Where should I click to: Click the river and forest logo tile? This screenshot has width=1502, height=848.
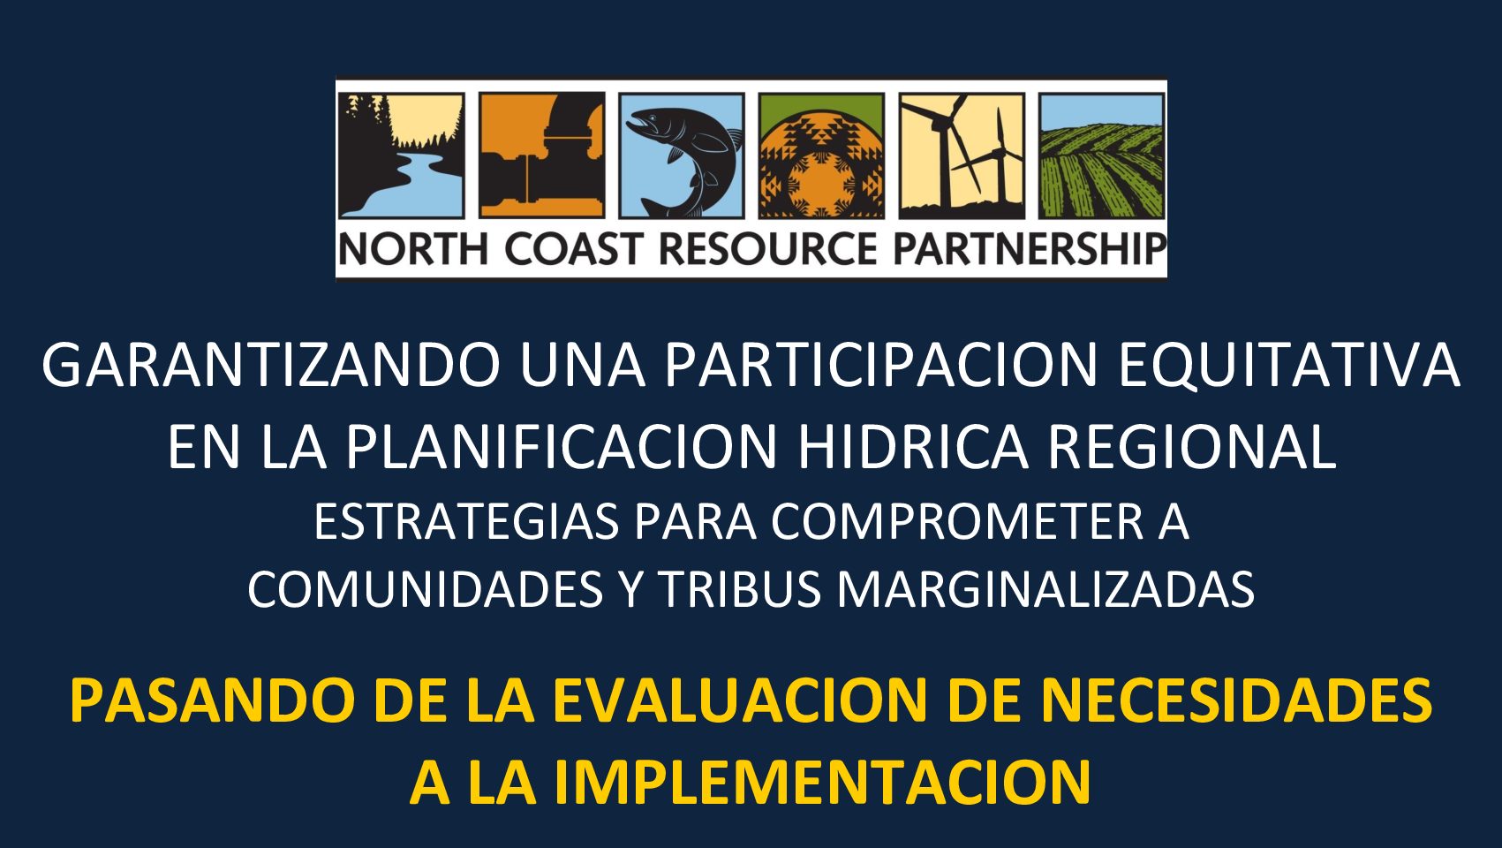coord(402,155)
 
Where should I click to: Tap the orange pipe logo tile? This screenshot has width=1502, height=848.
coord(542,155)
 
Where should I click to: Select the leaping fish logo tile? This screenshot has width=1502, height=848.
coord(682,155)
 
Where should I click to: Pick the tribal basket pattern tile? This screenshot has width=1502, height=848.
coord(821,155)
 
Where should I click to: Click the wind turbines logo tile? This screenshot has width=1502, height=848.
coord(962,155)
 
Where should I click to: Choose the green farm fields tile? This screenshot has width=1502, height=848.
coord(1102,155)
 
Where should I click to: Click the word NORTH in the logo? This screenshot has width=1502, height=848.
coord(413,249)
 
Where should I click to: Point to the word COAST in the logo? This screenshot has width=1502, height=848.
coord(574,249)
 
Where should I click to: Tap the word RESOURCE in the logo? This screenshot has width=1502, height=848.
coord(768,249)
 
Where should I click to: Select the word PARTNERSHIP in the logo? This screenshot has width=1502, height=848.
coord(1030,249)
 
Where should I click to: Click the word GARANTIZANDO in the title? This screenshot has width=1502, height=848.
coord(272,365)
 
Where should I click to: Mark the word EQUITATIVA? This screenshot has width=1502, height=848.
coord(1289,367)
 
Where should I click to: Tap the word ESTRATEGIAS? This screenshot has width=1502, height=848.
coord(467,522)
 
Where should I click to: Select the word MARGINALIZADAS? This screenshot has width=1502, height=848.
coord(1046,590)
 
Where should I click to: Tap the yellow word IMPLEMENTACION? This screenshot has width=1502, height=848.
coord(822,782)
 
